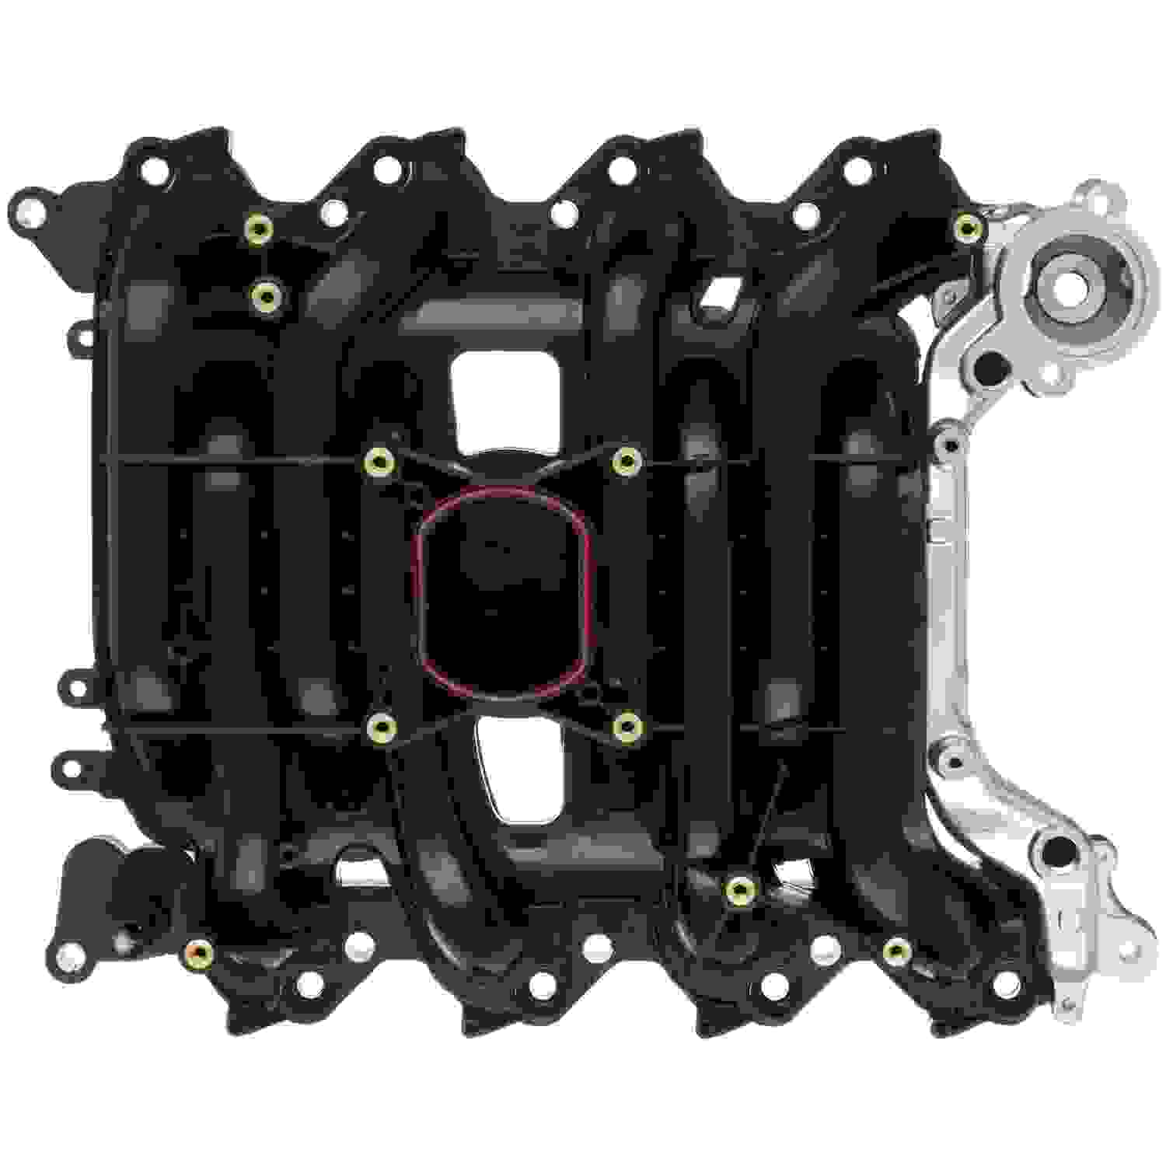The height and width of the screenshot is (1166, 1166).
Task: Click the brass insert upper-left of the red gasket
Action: (380, 462)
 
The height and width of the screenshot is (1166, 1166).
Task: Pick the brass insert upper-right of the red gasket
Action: (626, 462)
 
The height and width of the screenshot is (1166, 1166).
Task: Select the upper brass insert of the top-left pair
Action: (258, 229)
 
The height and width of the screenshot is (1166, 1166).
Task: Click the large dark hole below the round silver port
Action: (989, 363)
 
